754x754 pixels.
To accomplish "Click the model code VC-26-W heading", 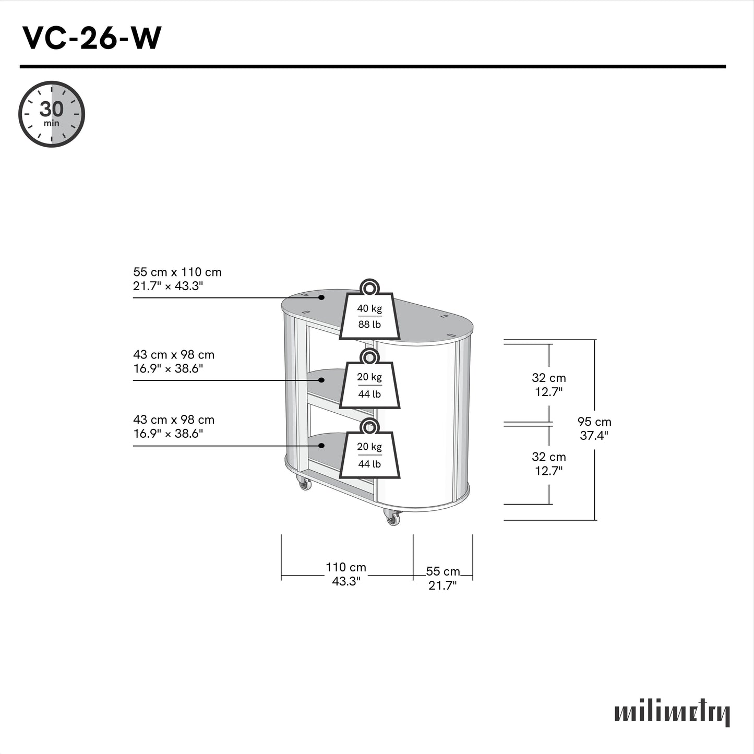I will (x=92, y=38).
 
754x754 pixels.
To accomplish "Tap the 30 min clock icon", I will (x=52, y=114).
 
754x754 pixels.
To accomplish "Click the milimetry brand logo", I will (x=672, y=713).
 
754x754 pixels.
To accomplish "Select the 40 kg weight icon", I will (x=369, y=313).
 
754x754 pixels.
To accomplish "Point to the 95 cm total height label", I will (x=594, y=422).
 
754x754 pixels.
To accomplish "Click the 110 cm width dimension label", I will (x=346, y=567).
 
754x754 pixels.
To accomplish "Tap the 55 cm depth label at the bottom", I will (x=442, y=571).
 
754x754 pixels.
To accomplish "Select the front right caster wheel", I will (x=392, y=518).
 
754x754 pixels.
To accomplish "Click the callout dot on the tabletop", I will (x=322, y=297).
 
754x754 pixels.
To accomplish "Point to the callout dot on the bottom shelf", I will (x=322, y=446).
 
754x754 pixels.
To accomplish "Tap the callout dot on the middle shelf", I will (x=322, y=380).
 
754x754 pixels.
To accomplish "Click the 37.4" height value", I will (x=594, y=436).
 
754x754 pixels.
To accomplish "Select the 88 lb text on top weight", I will (x=369, y=325).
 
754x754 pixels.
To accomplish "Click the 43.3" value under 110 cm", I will (x=346, y=581).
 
